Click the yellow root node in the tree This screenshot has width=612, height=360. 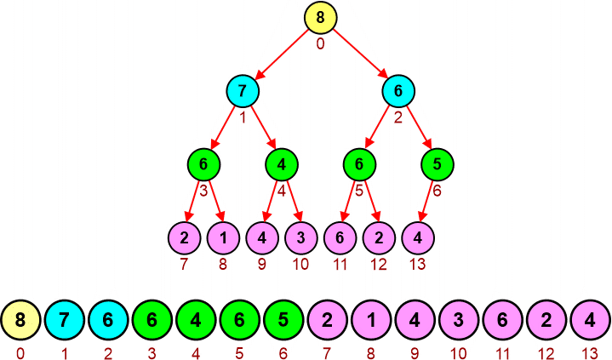pyautogui.click(x=320, y=17)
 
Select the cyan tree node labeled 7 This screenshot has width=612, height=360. pyautogui.click(x=243, y=90)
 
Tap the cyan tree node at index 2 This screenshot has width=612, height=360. pyautogui.click(x=398, y=90)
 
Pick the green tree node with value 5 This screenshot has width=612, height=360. pyautogui.click(x=437, y=163)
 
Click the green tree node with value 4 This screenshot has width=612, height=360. pyautogui.click(x=281, y=163)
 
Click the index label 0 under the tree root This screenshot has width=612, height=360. pyautogui.click(x=320, y=43)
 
